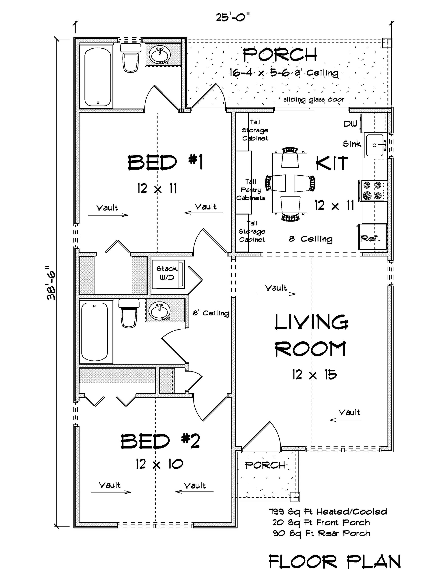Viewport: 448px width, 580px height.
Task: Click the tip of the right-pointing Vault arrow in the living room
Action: [296, 294]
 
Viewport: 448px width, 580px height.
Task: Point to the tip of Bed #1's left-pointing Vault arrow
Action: [185, 213]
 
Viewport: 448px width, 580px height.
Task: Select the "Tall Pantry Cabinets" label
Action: [251, 190]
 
